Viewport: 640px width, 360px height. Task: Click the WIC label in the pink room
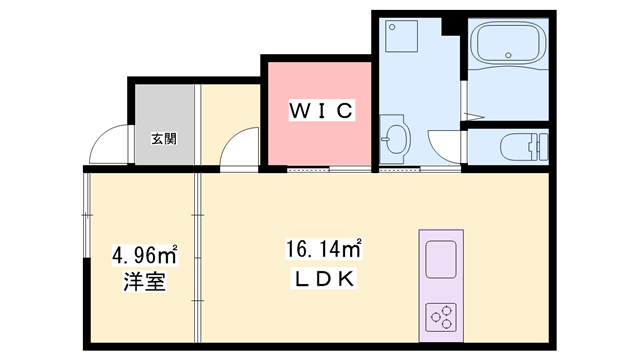pos(321,111)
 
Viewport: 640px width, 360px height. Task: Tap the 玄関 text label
pos(163,139)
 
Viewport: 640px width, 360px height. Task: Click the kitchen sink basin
pos(441,261)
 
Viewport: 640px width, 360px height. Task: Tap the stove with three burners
pos(441,315)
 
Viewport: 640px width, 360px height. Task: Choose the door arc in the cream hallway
pos(239,149)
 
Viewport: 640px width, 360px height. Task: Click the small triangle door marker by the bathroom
pos(465,89)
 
